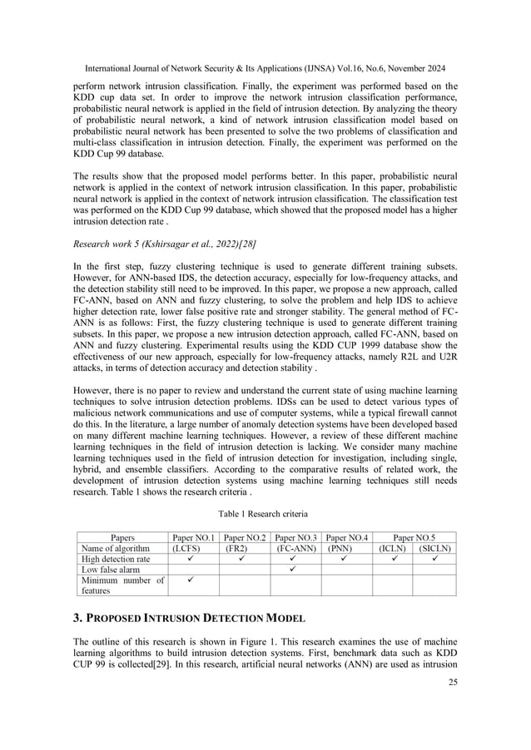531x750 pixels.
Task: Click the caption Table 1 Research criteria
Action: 265,513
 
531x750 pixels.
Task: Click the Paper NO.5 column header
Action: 414,537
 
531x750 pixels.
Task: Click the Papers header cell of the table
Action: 118,537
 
